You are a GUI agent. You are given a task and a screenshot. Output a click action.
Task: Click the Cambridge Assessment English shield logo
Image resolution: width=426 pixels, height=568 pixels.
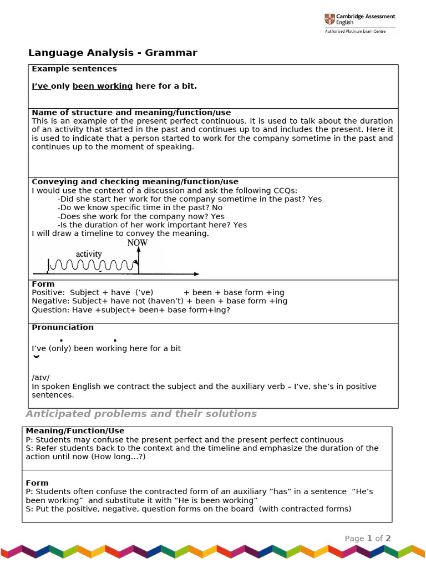click(329, 19)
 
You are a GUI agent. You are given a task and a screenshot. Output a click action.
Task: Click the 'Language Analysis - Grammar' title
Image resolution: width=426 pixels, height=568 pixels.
click(113, 53)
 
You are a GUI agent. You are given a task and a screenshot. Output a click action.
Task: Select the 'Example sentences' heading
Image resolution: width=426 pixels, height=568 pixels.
click(74, 69)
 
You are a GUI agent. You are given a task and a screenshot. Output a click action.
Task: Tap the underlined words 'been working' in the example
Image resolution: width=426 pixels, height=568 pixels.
click(103, 86)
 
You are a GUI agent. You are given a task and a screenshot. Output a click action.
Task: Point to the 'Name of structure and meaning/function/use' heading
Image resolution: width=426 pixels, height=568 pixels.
click(131, 113)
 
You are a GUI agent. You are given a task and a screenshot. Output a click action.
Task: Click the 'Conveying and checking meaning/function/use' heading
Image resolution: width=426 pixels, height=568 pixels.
click(135, 181)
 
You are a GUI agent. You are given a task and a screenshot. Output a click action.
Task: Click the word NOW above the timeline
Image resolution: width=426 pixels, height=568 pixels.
click(138, 243)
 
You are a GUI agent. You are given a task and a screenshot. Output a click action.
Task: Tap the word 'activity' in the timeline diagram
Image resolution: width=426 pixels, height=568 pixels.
click(89, 254)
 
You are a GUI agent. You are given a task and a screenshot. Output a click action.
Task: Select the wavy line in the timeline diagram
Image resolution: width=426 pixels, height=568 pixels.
click(92, 266)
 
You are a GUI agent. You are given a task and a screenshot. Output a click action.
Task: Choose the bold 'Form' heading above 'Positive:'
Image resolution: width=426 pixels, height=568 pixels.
click(43, 284)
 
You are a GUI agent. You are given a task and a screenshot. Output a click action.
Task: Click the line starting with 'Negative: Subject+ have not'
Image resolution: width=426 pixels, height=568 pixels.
click(159, 301)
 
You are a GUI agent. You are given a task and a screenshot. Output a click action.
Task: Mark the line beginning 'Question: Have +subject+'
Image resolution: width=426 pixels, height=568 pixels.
click(130, 310)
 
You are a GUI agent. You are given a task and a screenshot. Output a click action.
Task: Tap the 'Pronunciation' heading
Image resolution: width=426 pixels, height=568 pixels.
click(63, 327)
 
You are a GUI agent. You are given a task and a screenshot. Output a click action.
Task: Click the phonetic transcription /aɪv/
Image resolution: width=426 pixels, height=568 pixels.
click(40, 378)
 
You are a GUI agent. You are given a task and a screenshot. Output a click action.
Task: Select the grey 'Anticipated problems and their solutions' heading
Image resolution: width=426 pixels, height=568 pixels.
click(141, 414)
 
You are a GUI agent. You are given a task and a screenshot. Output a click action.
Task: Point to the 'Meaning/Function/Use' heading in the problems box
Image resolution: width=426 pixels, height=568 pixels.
click(75, 430)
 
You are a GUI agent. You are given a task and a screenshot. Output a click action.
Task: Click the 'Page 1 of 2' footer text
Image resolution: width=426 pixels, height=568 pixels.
click(368, 538)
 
